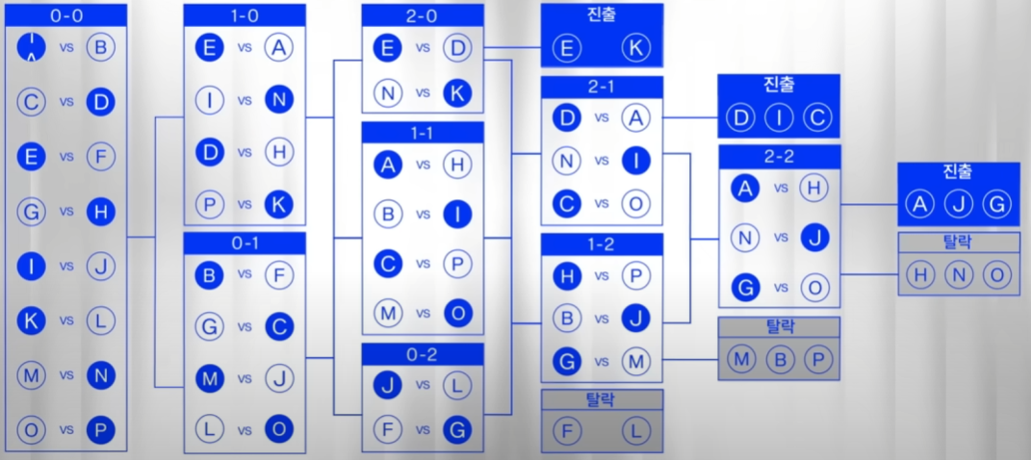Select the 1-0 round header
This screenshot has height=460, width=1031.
click(245, 14)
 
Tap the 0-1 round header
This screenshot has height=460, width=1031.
click(245, 243)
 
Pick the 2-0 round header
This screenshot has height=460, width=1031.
click(423, 14)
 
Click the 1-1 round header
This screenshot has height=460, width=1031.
click(423, 132)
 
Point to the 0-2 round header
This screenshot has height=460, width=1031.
click(423, 354)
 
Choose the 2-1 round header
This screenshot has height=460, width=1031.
click(602, 87)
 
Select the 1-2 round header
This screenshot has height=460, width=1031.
click(602, 244)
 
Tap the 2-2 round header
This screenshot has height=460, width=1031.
click(780, 157)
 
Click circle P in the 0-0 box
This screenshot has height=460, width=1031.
click(100, 430)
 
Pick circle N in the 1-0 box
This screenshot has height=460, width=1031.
click(279, 98)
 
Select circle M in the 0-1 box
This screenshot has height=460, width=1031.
click(209, 378)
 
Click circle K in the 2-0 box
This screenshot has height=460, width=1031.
click(457, 92)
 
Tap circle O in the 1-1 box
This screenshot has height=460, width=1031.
click(457, 312)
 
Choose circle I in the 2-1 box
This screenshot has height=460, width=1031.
click(636, 161)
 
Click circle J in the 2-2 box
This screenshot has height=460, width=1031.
click(814, 236)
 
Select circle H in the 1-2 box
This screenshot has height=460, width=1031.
click(567, 276)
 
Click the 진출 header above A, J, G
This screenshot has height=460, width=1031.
click(958, 172)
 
